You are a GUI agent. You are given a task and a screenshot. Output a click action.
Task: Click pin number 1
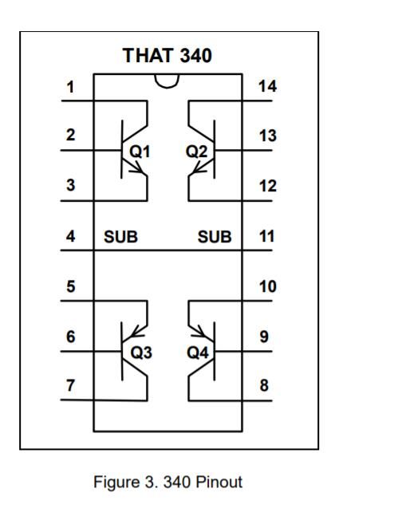pyautogui.click(x=70, y=87)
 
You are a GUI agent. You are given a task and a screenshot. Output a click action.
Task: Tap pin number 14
pyautogui.click(x=267, y=86)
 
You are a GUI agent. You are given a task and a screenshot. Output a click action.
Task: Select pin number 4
pyautogui.click(x=70, y=236)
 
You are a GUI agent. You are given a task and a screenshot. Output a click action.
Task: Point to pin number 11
pyautogui.click(x=266, y=236)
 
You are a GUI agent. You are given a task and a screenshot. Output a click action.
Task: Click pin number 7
pyautogui.click(x=70, y=385)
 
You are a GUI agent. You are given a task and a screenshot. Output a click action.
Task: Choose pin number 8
pyautogui.click(x=264, y=385)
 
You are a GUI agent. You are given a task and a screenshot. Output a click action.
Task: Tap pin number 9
pyautogui.click(x=264, y=337)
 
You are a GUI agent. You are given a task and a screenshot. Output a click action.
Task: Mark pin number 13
pyautogui.click(x=267, y=136)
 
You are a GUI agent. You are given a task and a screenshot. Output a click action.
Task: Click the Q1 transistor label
pyautogui.click(x=140, y=152)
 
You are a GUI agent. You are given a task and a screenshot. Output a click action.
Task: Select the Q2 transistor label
pyautogui.click(x=196, y=152)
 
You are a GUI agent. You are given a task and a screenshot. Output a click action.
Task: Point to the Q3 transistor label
pyautogui.click(x=141, y=353)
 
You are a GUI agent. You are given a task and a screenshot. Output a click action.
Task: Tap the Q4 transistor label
pyautogui.click(x=198, y=353)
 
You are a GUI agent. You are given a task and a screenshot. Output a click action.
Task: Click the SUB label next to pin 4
pyautogui.click(x=120, y=237)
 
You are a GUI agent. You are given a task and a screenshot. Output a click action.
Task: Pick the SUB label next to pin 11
pyautogui.click(x=215, y=237)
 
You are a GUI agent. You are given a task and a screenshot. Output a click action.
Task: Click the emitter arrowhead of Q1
pyautogui.click(x=139, y=168)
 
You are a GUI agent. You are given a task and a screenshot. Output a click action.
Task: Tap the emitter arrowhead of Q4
pyautogui.click(x=199, y=333)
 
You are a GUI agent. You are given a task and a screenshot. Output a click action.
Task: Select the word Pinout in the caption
pyautogui.click(x=219, y=482)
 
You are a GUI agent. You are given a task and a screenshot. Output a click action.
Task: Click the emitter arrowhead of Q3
pyautogui.click(x=137, y=333)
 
